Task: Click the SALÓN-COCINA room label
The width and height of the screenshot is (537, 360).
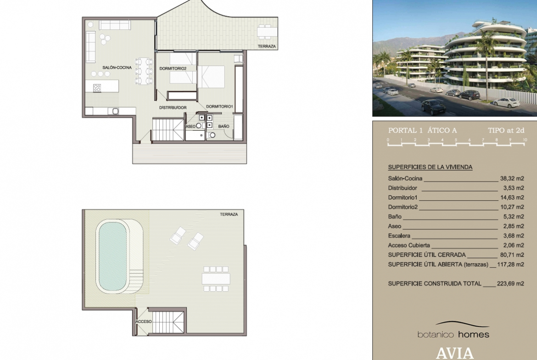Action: click(117, 67)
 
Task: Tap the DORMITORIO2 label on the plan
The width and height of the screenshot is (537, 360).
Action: click(173, 68)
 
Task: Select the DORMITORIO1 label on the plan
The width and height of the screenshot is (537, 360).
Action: click(219, 106)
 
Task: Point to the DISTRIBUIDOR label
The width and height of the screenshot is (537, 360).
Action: click(173, 107)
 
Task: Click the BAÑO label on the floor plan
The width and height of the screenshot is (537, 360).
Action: click(224, 126)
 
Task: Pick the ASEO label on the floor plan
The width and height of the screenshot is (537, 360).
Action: click(190, 126)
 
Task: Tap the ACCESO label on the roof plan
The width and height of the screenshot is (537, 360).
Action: click(144, 321)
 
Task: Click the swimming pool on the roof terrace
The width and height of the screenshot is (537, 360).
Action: click(112, 256)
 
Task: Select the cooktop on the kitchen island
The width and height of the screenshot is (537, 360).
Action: click(97, 88)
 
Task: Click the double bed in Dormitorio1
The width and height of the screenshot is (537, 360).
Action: click(211, 77)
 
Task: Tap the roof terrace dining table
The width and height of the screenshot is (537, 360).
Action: click(216, 279)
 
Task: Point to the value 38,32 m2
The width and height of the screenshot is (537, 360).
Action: click(512, 178)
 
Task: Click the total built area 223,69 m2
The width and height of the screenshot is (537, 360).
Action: click(510, 283)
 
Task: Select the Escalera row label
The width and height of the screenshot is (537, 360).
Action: click(399, 236)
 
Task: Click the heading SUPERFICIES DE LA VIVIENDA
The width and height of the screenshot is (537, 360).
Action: click(430, 167)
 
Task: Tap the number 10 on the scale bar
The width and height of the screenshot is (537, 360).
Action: click(525, 140)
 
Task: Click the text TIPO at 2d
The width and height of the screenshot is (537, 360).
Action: click(506, 130)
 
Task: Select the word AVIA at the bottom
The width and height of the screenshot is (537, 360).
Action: click(455, 353)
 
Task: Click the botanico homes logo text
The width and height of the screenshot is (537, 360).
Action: click(453, 334)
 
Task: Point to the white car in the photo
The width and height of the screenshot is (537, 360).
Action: click(505, 102)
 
